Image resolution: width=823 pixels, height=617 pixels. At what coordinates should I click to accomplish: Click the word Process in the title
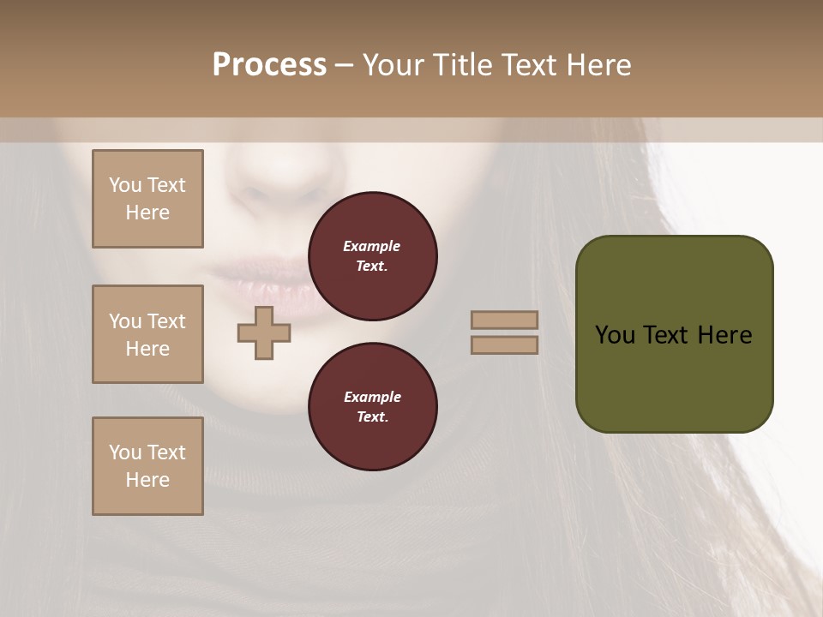pos(269,65)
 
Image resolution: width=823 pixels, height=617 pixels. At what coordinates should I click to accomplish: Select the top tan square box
pos(147,199)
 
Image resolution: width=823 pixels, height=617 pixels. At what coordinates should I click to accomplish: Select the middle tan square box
pos(147,334)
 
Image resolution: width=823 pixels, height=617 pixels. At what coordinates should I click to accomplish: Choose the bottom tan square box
pos(147,466)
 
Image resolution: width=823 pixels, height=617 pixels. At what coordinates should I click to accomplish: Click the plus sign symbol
pos(264,332)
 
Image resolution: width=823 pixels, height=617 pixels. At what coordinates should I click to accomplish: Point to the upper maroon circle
pos(372,256)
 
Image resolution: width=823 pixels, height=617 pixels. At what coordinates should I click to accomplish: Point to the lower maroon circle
pos(372,407)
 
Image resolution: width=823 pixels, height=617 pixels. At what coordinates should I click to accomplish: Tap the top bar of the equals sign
pos(504,320)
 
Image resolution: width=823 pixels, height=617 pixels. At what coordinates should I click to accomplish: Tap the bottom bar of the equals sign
pos(504,344)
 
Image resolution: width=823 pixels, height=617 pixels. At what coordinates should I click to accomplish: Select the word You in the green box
pos(615,335)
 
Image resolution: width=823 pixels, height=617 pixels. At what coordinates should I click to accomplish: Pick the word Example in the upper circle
pos(372,247)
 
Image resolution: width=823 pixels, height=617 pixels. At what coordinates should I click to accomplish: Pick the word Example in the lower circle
pos(372,397)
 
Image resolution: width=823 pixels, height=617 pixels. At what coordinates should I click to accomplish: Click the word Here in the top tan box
pos(147,213)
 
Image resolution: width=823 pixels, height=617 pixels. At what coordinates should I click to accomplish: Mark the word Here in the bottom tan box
pos(147,480)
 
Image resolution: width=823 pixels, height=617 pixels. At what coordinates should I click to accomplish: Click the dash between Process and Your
pos(344,65)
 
